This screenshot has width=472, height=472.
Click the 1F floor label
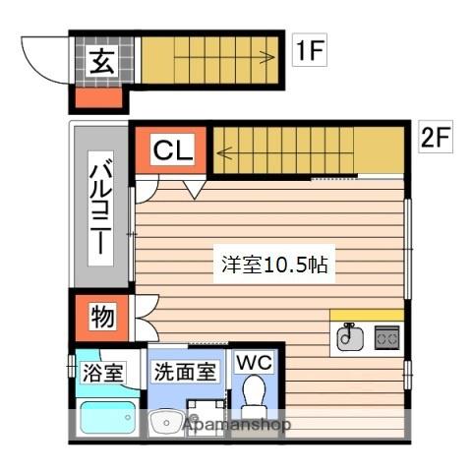click(309, 51)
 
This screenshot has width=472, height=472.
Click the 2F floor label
click(434, 137)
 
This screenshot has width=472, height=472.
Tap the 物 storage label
click(101, 317)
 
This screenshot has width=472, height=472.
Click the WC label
click(254, 362)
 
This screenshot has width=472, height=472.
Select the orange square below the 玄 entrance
click(98, 97)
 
